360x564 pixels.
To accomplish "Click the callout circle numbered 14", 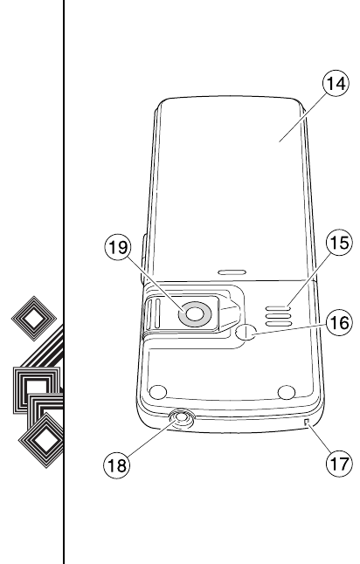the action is (336, 84).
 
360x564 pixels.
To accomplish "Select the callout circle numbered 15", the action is (339, 243).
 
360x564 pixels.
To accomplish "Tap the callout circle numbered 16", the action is (339, 322).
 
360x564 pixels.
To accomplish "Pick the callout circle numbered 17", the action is (339, 464).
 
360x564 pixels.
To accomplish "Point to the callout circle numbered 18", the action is (116, 465).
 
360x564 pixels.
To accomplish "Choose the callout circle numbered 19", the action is (118, 247).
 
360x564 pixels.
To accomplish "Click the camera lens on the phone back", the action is (195, 314).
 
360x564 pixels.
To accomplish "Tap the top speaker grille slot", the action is (278, 308).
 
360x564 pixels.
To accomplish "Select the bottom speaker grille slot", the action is (278, 323).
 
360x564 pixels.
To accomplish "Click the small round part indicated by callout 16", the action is (246, 332).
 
